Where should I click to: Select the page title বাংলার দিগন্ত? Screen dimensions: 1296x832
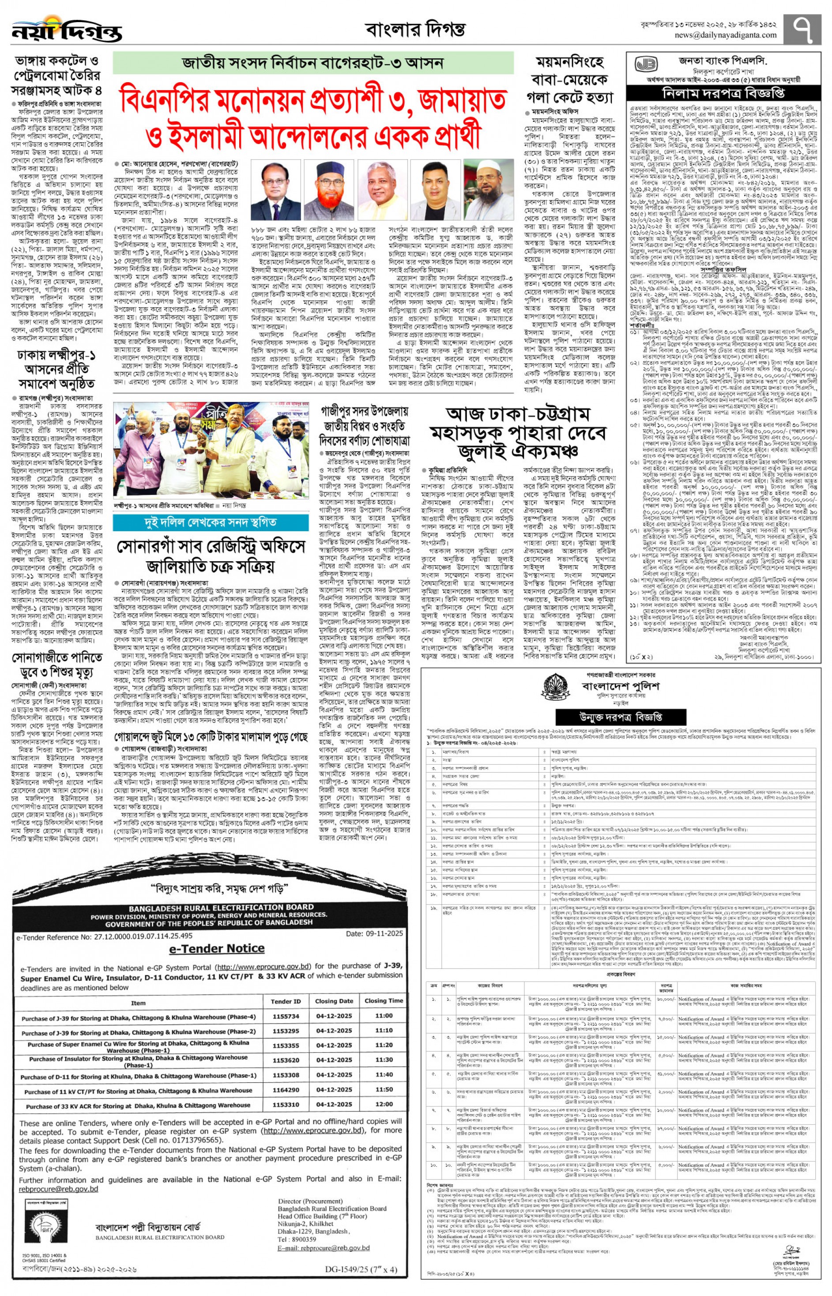click(x=415, y=29)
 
